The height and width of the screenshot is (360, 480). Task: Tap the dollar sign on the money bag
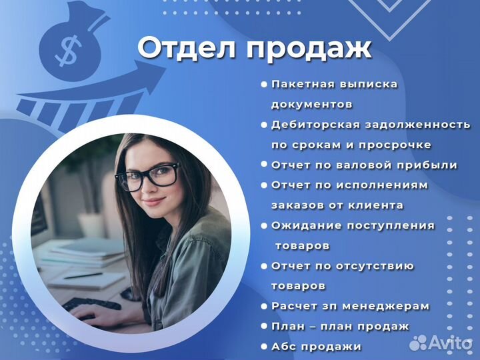coord(69,49)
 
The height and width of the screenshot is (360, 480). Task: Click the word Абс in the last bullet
coord(286,347)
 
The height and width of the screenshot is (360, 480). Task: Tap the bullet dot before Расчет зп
coord(264,306)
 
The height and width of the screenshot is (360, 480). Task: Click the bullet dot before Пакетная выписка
coord(264,85)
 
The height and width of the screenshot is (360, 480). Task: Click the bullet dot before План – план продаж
coord(264,327)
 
